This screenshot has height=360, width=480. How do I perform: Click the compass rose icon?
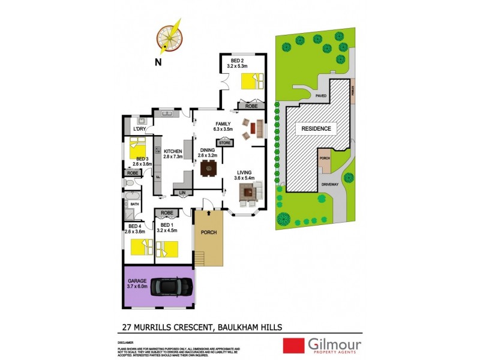coord(170,37)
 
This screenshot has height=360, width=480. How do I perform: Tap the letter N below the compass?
coord(157,62)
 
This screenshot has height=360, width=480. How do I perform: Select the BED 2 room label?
coord(238,61)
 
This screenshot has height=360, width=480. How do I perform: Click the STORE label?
coord(225,143)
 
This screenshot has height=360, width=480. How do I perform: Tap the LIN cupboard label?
coord(182,193)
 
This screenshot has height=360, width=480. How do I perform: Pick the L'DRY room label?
coord(140,130)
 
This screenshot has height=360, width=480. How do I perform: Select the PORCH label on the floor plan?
coord(208,232)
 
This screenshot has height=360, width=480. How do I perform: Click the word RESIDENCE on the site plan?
coord(316,128)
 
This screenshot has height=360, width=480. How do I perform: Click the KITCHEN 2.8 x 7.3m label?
coord(173,154)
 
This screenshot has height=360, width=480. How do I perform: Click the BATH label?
coord(135,204)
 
